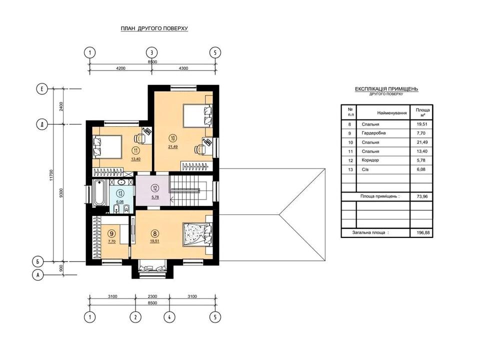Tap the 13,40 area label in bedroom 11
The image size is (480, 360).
[135, 159]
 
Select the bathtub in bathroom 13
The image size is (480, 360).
[99, 193]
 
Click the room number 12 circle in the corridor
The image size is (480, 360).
[155, 188]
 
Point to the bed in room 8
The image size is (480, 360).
[197, 234]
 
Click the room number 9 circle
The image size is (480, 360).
[111, 233]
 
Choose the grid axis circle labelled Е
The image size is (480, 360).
[42, 89]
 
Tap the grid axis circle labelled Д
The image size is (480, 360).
[42, 124]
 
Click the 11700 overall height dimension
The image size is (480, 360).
[51, 175]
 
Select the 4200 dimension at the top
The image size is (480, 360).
[120, 68]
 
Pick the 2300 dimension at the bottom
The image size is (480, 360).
[152, 296]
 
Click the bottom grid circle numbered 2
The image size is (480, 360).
[135, 317]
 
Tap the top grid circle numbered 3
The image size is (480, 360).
[152, 52]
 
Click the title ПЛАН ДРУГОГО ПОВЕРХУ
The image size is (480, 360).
[154, 28]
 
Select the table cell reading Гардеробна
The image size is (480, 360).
[373, 133]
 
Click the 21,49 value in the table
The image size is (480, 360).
[422, 142]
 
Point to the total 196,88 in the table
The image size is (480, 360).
[423, 232]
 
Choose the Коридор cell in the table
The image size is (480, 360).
[370, 160]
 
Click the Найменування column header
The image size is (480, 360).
[392, 113]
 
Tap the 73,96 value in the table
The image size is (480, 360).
[422, 196]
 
